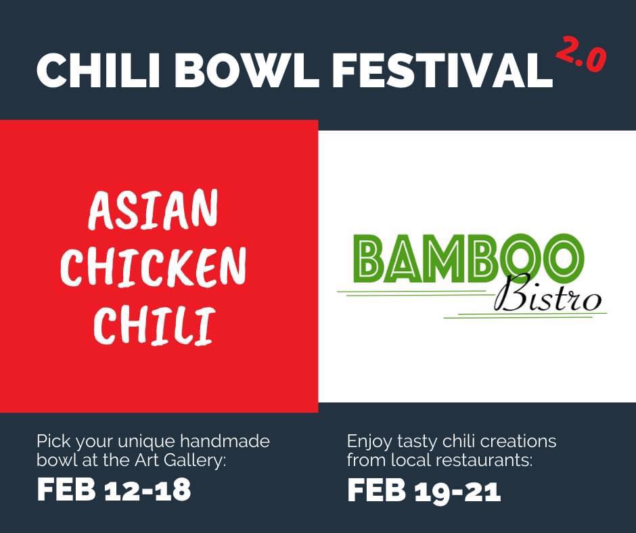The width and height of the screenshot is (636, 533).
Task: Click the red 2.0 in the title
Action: (581, 54)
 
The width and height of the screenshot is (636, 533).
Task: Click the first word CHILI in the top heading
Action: (98, 70)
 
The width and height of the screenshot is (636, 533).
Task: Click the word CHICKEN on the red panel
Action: (154, 266)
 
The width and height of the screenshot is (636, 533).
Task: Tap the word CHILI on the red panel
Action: (154, 325)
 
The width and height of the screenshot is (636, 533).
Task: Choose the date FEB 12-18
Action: (114, 490)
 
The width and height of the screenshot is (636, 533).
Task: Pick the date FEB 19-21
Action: (424, 490)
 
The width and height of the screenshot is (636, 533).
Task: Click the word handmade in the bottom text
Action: (225, 441)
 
